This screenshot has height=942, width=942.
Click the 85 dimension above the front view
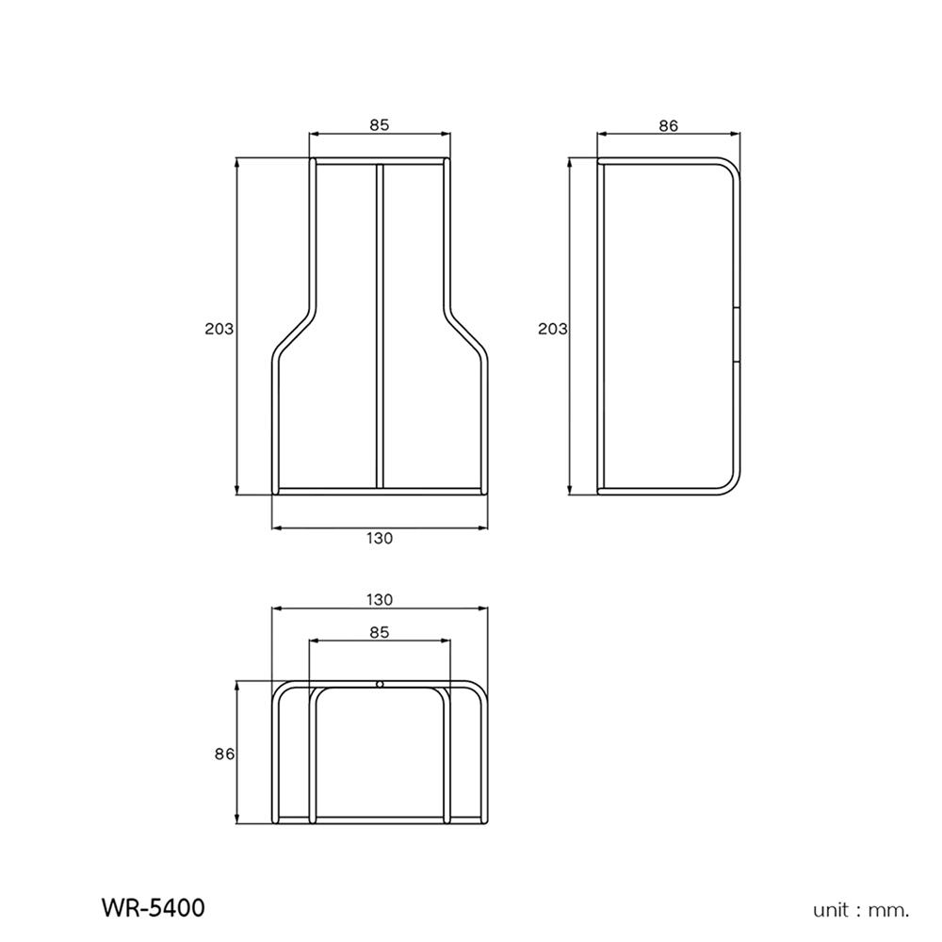(x=379, y=123)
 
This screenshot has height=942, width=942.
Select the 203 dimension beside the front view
(x=218, y=329)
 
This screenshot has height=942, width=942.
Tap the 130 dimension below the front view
(x=379, y=539)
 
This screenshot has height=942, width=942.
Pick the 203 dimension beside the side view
(x=552, y=329)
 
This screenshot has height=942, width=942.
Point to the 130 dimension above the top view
(x=379, y=599)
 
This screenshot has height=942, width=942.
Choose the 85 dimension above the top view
(x=379, y=633)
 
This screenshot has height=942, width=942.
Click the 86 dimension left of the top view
(x=223, y=754)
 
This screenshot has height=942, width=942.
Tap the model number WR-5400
(x=152, y=908)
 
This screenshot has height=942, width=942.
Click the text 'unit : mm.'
(x=861, y=910)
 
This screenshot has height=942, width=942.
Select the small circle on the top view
(x=379, y=684)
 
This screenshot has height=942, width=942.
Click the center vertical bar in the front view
(x=380, y=325)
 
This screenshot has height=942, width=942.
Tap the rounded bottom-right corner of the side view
(x=729, y=481)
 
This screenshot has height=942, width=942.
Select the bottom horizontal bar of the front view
(x=380, y=490)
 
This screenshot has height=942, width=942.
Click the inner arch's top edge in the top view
(x=379, y=690)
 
